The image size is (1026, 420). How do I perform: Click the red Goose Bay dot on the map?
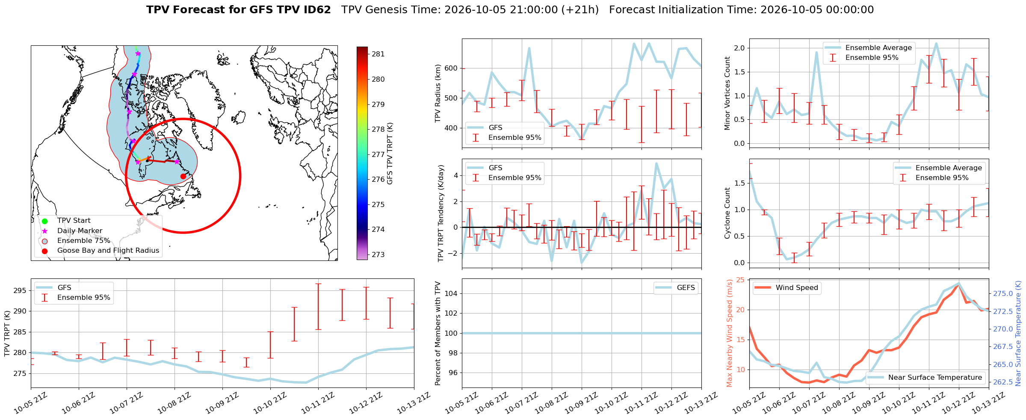[183, 176]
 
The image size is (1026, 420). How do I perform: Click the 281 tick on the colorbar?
[378, 54]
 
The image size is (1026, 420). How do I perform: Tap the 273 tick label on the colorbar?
[378, 255]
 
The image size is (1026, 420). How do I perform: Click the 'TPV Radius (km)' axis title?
[438, 93]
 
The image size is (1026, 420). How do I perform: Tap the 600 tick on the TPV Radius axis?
[451, 68]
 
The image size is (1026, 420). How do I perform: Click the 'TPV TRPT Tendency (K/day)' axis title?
[441, 213]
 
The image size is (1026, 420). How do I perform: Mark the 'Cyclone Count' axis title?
[727, 213]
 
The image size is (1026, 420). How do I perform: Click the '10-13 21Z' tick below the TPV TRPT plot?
[412, 404]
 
